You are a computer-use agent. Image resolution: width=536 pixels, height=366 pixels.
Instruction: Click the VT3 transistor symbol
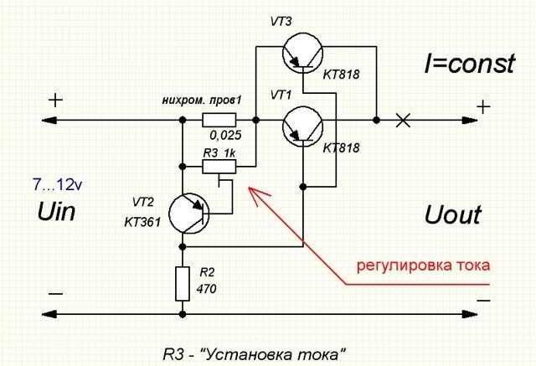303,52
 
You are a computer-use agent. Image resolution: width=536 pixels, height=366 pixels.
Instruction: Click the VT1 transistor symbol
303,126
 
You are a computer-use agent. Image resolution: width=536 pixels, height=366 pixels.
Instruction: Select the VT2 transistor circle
188,214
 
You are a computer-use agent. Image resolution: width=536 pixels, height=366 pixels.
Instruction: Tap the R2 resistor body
183,284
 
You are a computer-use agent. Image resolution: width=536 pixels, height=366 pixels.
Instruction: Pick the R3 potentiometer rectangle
219,167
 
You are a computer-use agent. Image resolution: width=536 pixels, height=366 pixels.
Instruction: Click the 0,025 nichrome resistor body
219,121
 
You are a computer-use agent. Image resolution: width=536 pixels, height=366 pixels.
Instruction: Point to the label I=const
470,64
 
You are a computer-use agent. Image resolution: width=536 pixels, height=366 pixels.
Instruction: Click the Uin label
56,212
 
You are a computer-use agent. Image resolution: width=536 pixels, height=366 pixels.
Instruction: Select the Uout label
453,215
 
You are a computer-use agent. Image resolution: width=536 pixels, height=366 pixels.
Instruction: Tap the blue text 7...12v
58,185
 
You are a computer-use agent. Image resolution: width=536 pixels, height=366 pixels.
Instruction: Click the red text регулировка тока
423,265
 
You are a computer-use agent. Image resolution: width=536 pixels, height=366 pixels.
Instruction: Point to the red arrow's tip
249,188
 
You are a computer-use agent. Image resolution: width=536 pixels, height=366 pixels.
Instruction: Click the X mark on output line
403,121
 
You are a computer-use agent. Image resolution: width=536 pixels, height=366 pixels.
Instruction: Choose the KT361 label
142,223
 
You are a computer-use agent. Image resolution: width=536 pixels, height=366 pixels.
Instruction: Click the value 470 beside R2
206,289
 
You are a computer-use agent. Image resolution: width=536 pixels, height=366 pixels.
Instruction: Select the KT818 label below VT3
341,75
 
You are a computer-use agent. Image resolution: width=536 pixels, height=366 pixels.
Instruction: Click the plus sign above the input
55,101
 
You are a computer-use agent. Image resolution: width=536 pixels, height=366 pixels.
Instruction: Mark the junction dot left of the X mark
376,121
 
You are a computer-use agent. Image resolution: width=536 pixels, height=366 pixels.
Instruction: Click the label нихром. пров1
202,101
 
